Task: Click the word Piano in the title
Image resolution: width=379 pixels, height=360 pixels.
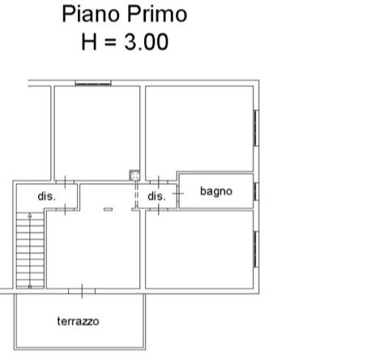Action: [x=91, y=15]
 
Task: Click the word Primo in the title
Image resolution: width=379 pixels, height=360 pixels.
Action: [x=157, y=14]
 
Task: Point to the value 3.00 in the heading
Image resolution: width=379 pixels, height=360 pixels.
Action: [x=147, y=42]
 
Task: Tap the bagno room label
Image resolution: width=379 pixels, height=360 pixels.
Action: [x=216, y=191]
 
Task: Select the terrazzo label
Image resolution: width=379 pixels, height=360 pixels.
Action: [x=78, y=321]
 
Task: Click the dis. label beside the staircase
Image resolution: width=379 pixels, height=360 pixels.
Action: [x=47, y=196]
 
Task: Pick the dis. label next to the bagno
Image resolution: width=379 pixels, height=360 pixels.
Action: [x=156, y=196]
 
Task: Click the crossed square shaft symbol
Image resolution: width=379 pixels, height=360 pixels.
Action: [x=134, y=176]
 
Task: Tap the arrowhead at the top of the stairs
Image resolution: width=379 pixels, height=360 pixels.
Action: [x=30, y=216]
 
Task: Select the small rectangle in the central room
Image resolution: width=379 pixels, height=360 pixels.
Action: [x=108, y=209]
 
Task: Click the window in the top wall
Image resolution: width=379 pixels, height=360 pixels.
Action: [x=93, y=84]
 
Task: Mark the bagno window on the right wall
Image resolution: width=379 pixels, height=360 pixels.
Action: [x=256, y=191]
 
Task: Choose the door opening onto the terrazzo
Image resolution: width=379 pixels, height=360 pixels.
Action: [x=82, y=291]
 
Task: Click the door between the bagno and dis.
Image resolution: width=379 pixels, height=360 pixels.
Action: [x=178, y=193]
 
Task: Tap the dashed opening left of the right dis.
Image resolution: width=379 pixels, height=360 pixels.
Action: [x=136, y=196]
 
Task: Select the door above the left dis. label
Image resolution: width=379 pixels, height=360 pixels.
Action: [x=65, y=182]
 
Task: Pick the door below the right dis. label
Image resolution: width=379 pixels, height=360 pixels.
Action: [x=159, y=209]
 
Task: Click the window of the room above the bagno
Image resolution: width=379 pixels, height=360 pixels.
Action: [x=256, y=128]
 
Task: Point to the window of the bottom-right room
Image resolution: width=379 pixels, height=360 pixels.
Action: [x=256, y=250]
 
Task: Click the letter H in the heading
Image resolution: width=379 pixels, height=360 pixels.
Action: [x=89, y=42]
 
